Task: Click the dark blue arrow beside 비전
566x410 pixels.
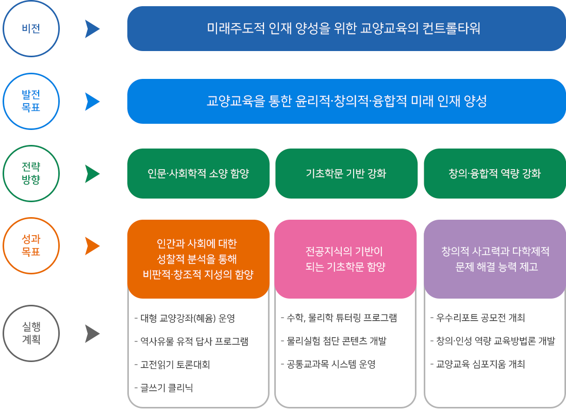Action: [92, 29]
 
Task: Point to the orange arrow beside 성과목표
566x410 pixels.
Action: [92, 246]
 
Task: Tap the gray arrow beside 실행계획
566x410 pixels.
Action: [92, 334]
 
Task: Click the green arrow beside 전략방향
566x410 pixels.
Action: [92, 174]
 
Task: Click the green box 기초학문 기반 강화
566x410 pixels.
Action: [346, 173]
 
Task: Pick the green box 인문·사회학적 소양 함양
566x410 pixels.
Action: [198, 173]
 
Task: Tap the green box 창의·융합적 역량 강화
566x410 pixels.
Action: [495, 173]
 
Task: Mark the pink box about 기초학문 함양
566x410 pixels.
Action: [345, 259]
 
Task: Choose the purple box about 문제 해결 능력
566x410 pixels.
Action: [495, 259]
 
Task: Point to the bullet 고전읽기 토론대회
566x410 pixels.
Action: [172, 365]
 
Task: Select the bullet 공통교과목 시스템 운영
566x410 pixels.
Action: [328, 364]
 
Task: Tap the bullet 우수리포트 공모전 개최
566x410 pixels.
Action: [477, 318]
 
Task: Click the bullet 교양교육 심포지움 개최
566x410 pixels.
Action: [477, 364]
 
